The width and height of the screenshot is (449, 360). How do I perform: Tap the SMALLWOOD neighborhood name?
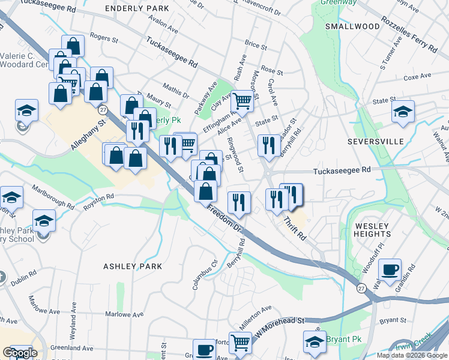pos(352,26)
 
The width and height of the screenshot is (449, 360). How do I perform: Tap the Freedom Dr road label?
pos(224,220)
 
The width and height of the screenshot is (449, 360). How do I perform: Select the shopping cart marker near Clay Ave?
pos(242,101)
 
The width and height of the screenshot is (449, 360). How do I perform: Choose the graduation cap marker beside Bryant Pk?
pos(314,341)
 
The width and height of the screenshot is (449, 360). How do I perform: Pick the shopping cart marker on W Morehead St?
pos(240,343)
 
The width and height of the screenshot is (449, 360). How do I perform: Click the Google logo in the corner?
pos(20,352)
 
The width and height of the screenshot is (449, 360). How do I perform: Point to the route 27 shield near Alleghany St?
pos(103,110)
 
